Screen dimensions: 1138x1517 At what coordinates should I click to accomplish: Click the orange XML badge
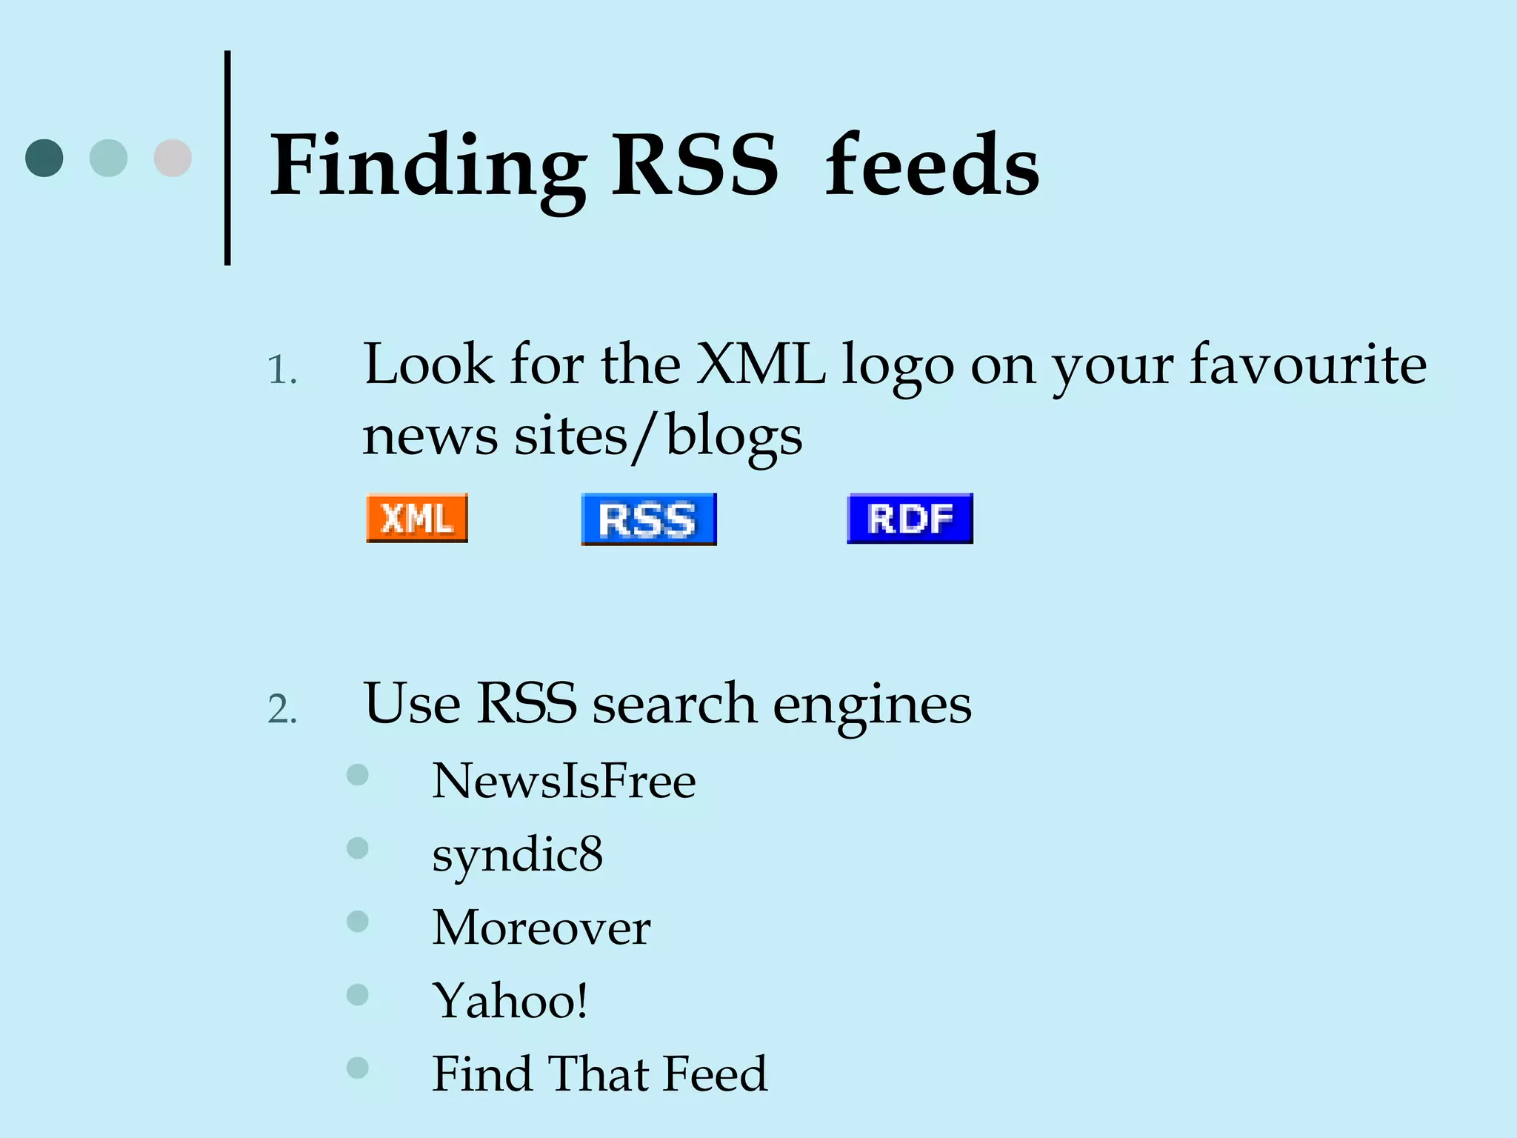click(x=417, y=518)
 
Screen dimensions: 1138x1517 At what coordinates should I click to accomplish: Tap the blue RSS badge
click(x=649, y=519)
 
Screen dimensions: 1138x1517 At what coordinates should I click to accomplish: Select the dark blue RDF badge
click(x=910, y=518)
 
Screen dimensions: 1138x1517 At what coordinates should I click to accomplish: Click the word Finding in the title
click(x=427, y=167)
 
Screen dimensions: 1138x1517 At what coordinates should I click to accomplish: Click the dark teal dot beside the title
click(x=44, y=158)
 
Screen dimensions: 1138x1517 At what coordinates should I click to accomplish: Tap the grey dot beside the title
click(x=173, y=158)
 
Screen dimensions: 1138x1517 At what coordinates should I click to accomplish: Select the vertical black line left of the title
click(x=227, y=158)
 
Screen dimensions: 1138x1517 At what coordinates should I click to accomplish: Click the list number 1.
click(x=281, y=370)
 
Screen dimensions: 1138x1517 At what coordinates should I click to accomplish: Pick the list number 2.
click(x=281, y=710)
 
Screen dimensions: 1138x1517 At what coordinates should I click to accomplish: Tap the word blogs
click(x=733, y=437)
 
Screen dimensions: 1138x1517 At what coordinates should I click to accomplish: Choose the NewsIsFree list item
click(x=564, y=781)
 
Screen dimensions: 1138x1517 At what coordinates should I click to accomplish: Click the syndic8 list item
click(x=517, y=855)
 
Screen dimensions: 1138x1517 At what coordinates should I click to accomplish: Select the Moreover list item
click(x=541, y=928)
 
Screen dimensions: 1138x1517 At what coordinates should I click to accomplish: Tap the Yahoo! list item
click(x=510, y=1001)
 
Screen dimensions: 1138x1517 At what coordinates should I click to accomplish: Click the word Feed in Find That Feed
click(x=715, y=1074)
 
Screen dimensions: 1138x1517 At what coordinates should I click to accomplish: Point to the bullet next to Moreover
click(x=358, y=921)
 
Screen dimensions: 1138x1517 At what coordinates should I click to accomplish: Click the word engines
click(x=872, y=705)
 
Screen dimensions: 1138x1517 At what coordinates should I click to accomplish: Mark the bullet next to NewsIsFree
click(x=358, y=775)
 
